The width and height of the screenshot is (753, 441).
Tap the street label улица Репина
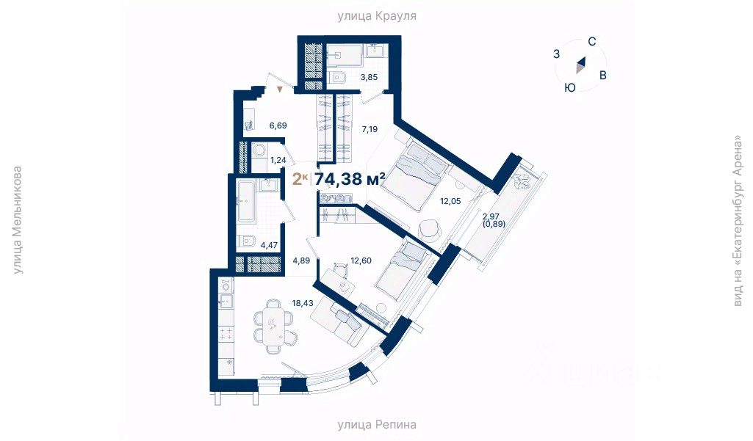point(377,424)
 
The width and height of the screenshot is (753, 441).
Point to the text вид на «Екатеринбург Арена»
point(738,221)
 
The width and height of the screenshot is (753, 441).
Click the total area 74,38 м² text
point(350,179)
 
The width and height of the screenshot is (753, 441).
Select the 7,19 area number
point(370,128)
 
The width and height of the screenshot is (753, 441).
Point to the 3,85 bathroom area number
point(369,76)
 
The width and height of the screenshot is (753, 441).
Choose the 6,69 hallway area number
point(278,125)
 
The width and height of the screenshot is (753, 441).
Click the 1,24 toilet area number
point(278,159)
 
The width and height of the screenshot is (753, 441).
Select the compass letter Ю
point(569,87)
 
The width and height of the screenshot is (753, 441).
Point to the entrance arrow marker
point(279,89)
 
